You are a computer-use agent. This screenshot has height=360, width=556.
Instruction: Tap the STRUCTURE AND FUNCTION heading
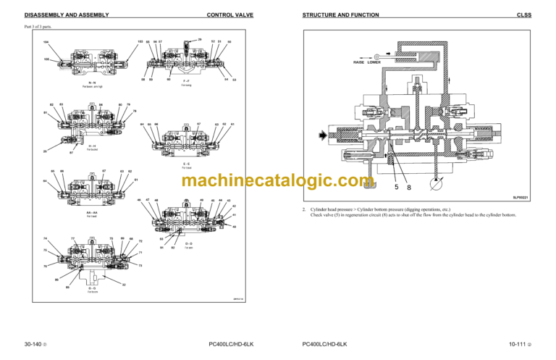339,14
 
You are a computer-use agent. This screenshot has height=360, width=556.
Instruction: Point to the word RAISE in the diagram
359,62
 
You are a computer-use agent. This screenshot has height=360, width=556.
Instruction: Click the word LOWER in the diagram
374,62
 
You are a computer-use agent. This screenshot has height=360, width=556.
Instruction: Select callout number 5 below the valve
397,186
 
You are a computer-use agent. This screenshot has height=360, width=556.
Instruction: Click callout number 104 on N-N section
46,43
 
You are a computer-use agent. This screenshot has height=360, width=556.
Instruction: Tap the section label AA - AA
92,212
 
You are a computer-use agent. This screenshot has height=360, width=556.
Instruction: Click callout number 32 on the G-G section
124,285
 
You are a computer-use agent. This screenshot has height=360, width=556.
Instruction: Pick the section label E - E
186,164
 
